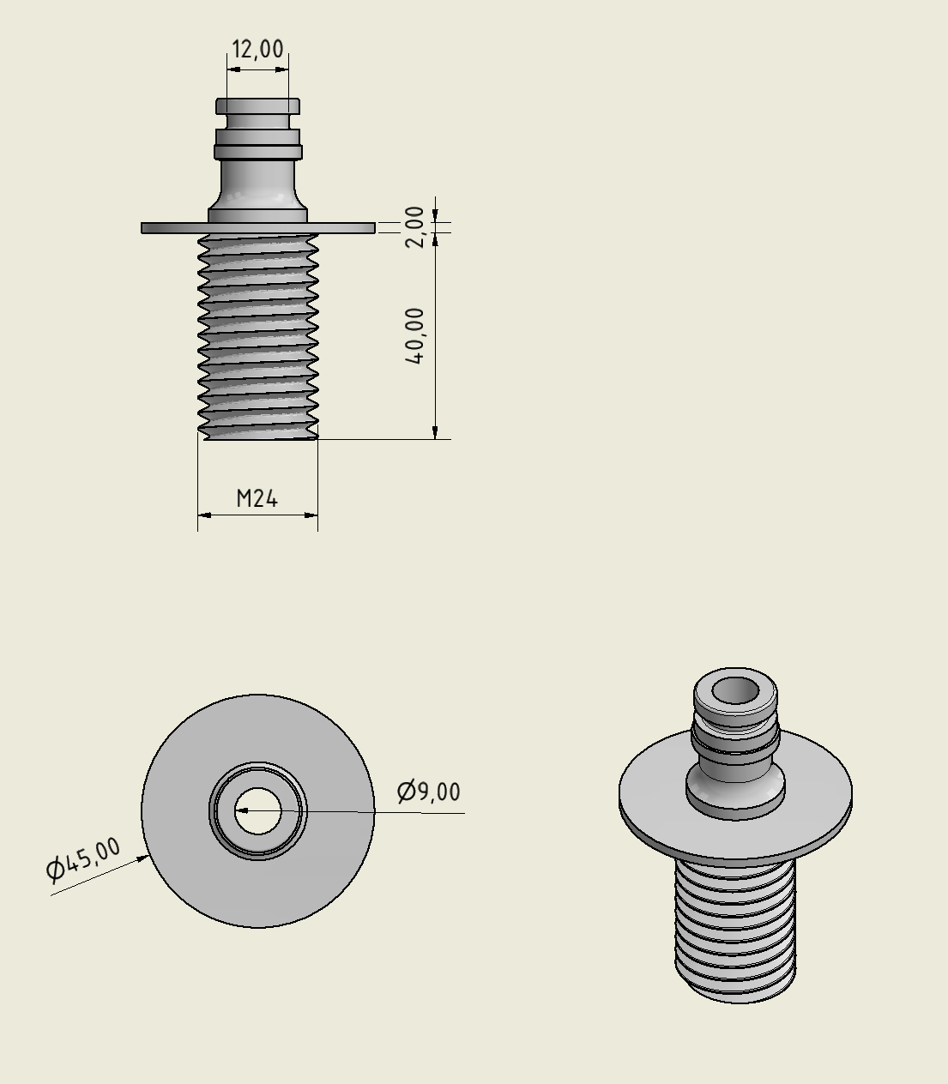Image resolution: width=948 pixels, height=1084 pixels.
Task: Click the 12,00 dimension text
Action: click(x=257, y=50)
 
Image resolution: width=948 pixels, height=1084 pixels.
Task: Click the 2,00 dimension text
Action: click(x=414, y=226)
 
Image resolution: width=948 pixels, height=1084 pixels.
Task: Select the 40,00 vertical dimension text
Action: click(x=414, y=335)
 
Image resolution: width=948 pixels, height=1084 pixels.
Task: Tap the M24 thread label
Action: click(x=257, y=498)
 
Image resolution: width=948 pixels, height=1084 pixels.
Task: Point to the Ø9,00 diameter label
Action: click(x=429, y=792)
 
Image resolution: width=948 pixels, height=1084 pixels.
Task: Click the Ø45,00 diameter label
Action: click(x=82, y=860)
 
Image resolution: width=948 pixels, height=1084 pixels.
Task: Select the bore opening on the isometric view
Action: click(x=735, y=690)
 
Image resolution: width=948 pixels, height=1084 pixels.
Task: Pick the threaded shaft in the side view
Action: click(x=257, y=334)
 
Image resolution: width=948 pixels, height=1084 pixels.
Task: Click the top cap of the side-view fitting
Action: click(x=257, y=106)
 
